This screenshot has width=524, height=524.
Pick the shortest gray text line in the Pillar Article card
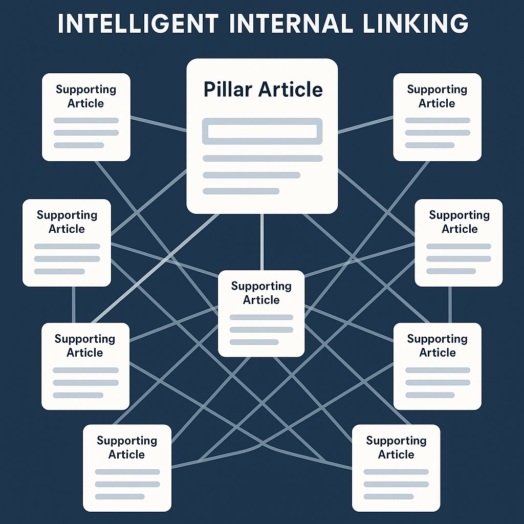(241, 191)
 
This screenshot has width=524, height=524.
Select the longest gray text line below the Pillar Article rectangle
(263, 159)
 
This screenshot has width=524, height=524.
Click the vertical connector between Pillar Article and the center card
(262, 242)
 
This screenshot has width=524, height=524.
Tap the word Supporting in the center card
(261, 286)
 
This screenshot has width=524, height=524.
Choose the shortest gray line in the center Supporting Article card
(254, 342)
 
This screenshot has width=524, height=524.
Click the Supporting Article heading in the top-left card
(86, 96)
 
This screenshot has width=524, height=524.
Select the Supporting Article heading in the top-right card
(437, 96)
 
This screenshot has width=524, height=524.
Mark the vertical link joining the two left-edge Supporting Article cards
(74, 304)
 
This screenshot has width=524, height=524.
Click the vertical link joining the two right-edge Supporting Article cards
(450, 304)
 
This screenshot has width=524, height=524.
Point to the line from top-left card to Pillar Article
(158, 124)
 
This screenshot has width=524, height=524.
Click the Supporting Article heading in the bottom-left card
(127, 447)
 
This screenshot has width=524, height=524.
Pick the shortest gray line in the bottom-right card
(388, 496)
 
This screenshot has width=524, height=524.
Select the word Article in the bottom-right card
(396, 454)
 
